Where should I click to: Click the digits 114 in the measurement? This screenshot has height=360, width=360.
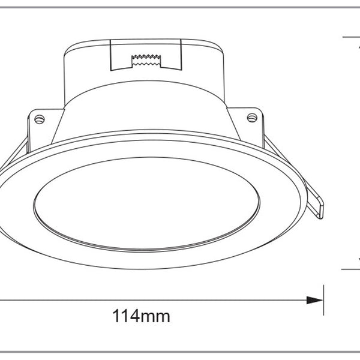[x=127, y=315]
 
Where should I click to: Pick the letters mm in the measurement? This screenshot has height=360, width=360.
[x=157, y=315]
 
